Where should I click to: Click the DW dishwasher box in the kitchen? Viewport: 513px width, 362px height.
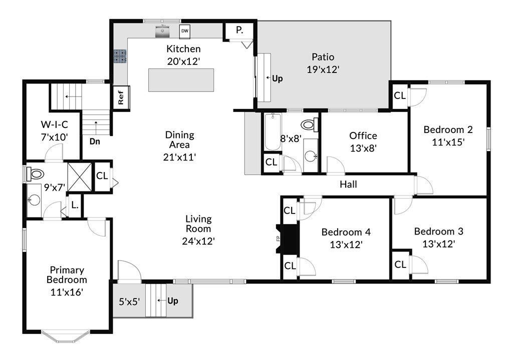[x=184, y=31]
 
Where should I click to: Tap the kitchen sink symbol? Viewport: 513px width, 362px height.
[x=162, y=31]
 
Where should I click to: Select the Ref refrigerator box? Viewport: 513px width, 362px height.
[x=121, y=97]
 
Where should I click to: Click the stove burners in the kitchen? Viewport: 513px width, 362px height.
[x=120, y=56]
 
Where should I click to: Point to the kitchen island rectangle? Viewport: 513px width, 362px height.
[x=181, y=80]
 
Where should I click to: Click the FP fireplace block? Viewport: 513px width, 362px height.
[x=287, y=238]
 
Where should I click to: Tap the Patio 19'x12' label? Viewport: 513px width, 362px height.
[x=323, y=63]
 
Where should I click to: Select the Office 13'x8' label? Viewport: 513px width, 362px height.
[x=363, y=141]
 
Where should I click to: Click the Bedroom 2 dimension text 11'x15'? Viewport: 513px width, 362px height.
[x=448, y=142]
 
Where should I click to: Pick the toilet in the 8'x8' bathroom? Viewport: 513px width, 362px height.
[x=309, y=124]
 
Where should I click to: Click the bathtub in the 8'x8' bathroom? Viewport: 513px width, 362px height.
[x=273, y=131]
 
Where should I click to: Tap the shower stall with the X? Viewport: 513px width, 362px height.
[x=80, y=177]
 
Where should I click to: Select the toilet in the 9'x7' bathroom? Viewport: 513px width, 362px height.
[x=35, y=173]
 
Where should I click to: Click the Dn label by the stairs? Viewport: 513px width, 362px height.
[x=95, y=141]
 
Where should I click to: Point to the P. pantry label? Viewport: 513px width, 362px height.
[x=239, y=30]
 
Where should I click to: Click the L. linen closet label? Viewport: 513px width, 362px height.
[x=75, y=205]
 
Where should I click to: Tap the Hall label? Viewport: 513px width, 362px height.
[x=348, y=184]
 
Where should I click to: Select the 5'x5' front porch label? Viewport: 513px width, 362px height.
[x=129, y=301]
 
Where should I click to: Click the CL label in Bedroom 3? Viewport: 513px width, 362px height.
[x=400, y=264]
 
